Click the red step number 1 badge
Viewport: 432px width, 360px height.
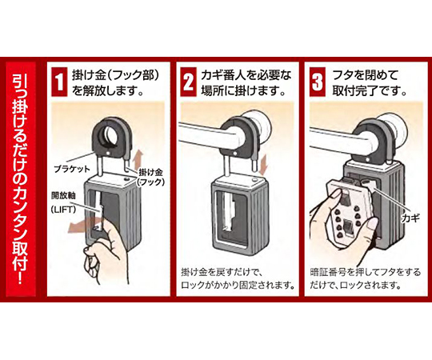(x=59, y=82)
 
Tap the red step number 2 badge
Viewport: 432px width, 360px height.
(x=189, y=82)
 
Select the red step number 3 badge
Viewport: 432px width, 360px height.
(x=318, y=82)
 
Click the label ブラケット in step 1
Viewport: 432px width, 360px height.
(x=72, y=169)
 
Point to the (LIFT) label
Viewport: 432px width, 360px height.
(x=63, y=210)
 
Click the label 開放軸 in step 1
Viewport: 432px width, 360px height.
(x=63, y=196)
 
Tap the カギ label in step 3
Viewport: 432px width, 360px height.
(x=410, y=218)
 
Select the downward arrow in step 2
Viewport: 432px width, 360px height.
(x=264, y=165)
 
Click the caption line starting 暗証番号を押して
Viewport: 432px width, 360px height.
(x=366, y=273)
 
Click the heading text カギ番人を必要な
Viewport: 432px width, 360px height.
(x=246, y=74)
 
